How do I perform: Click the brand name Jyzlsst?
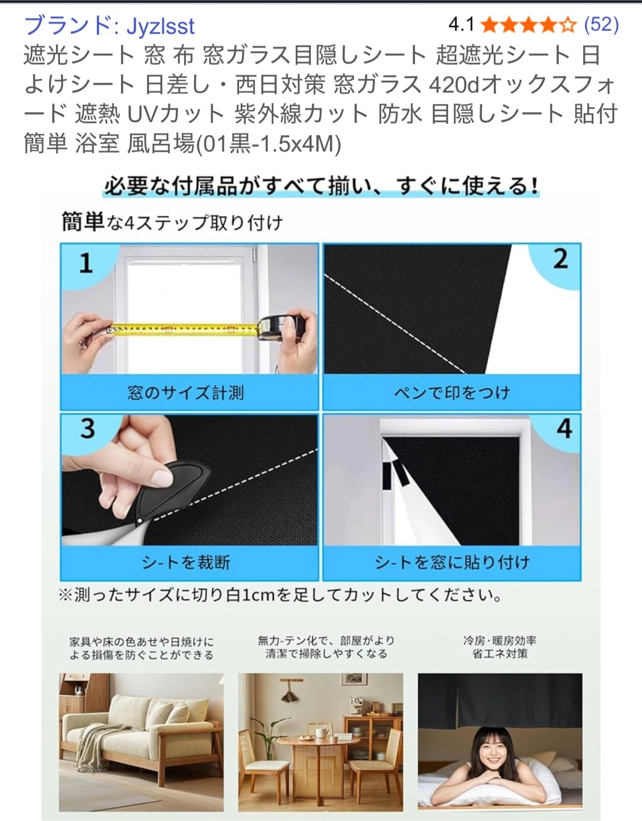161,26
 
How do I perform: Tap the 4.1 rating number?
461,25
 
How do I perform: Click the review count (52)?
601,25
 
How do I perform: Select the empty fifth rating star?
568,25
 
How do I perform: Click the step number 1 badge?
86,263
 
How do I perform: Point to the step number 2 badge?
560,259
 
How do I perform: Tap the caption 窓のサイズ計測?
185,393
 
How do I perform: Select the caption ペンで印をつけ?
452,393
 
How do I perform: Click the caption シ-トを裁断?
186,563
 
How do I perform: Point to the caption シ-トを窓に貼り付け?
452,563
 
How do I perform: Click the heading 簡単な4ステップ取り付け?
172,222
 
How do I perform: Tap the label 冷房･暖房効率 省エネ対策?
499,647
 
